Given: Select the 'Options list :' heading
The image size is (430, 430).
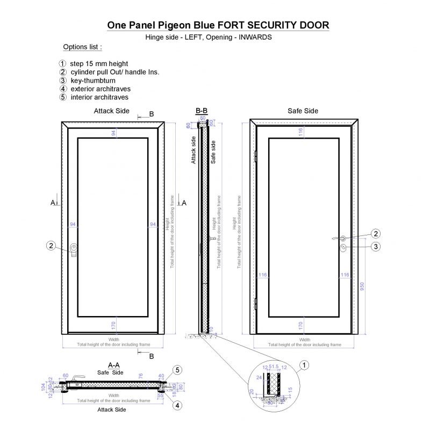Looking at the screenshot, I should point(82,47).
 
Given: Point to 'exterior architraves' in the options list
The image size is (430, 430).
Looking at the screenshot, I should point(100,89).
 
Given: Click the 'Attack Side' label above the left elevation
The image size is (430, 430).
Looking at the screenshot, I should point(111,111).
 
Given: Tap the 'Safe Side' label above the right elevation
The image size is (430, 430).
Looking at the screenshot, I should point(303,111).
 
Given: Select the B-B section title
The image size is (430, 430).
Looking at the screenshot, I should point(202,111).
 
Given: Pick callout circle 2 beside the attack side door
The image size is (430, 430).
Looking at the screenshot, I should point(51,246).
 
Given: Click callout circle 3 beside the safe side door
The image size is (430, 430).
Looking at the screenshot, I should point(376,246).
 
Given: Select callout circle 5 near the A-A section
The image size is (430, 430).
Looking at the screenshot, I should point(177,369).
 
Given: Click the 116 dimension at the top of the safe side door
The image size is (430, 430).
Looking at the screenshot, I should point(301,131).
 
